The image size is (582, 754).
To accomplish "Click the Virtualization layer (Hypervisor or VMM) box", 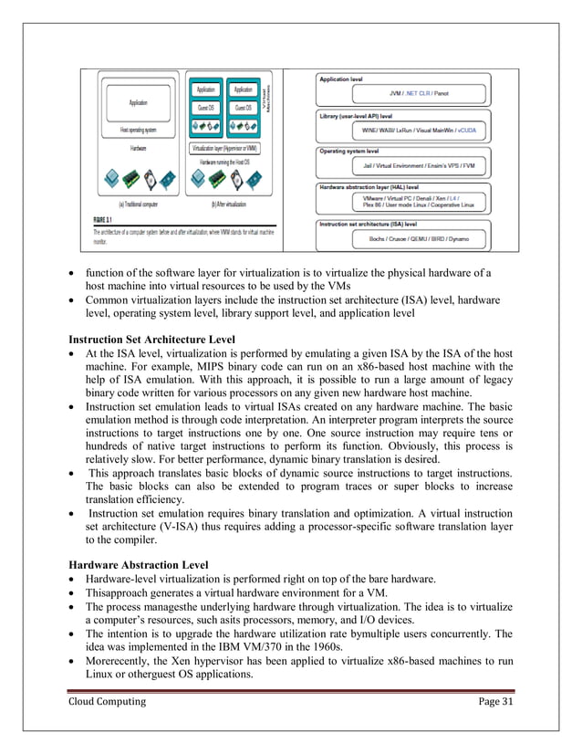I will (x=224, y=147).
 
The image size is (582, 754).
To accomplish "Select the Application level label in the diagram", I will (x=341, y=79).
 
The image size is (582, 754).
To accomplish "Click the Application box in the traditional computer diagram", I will (x=139, y=103).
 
